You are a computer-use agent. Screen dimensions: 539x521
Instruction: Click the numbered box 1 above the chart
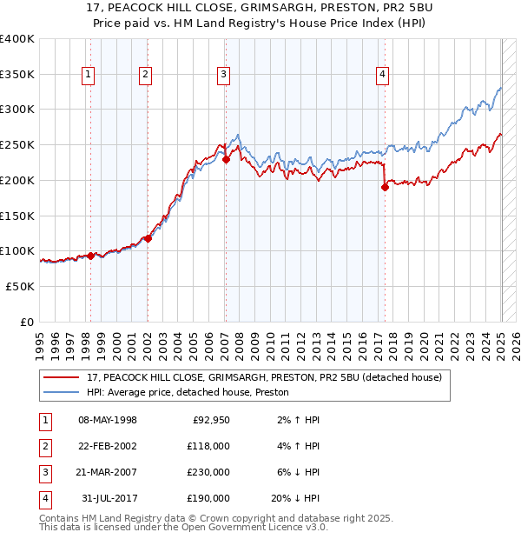pyautogui.click(x=89, y=76)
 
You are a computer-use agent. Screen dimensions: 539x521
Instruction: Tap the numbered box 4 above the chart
pyautogui.click(x=382, y=76)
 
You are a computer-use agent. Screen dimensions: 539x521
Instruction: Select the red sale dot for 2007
pyautogui.click(x=225, y=159)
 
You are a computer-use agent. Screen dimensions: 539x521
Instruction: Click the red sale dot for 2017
pyautogui.click(x=384, y=187)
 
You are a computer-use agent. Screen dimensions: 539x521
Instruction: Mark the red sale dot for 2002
pyautogui.click(x=148, y=238)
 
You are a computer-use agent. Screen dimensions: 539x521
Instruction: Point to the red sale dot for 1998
pyautogui.click(x=90, y=256)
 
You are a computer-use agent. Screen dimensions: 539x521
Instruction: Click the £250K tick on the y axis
pyautogui.click(x=18, y=145)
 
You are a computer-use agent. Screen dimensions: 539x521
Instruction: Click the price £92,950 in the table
pyautogui.click(x=210, y=420)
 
